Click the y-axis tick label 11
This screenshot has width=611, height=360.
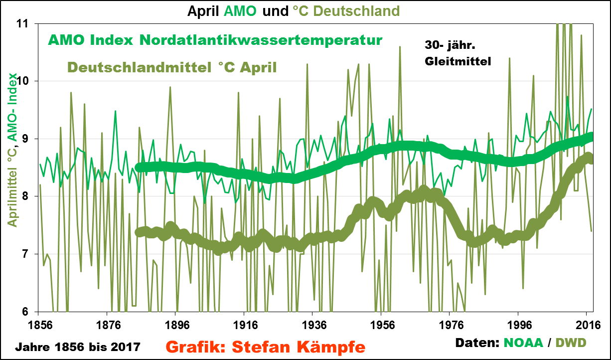tap(22, 23)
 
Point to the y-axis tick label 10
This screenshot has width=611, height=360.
tap(22, 81)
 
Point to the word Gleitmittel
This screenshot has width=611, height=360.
tap(458, 62)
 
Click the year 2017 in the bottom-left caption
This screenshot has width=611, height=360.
tap(129, 346)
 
